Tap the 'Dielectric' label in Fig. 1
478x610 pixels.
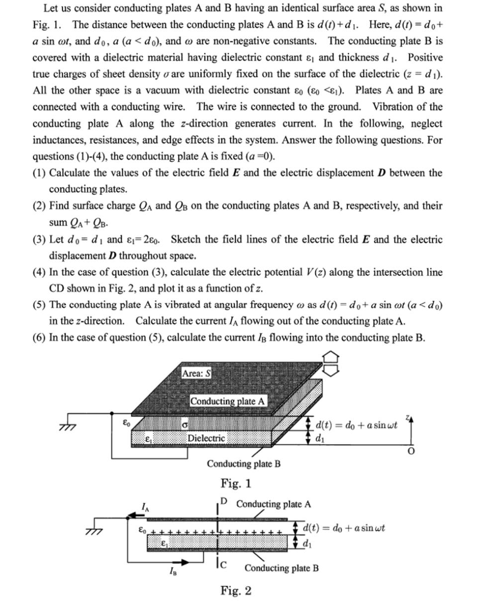click(x=206, y=438)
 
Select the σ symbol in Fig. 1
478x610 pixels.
click(x=185, y=426)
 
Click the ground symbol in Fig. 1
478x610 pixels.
click(x=66, y=427)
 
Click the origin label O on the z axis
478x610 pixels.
click(x=411, y=450)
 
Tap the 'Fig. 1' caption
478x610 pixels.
click(x=236, y=483)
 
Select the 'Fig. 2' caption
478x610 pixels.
click(x=236, y=591)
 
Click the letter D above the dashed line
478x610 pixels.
click(x=224, y=501)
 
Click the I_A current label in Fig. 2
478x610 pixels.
click(x=145, y=508)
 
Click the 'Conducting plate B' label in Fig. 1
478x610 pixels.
click(x=244, y=464)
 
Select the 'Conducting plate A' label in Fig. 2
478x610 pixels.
click(x=274, y=504)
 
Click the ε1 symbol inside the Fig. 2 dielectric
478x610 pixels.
click(x=164, y=544)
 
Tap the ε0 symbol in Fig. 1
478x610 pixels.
click(x=126, y=423)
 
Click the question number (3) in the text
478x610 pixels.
click(x=40, y=240)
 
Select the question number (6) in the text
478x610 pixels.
click(x=40, y=338)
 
